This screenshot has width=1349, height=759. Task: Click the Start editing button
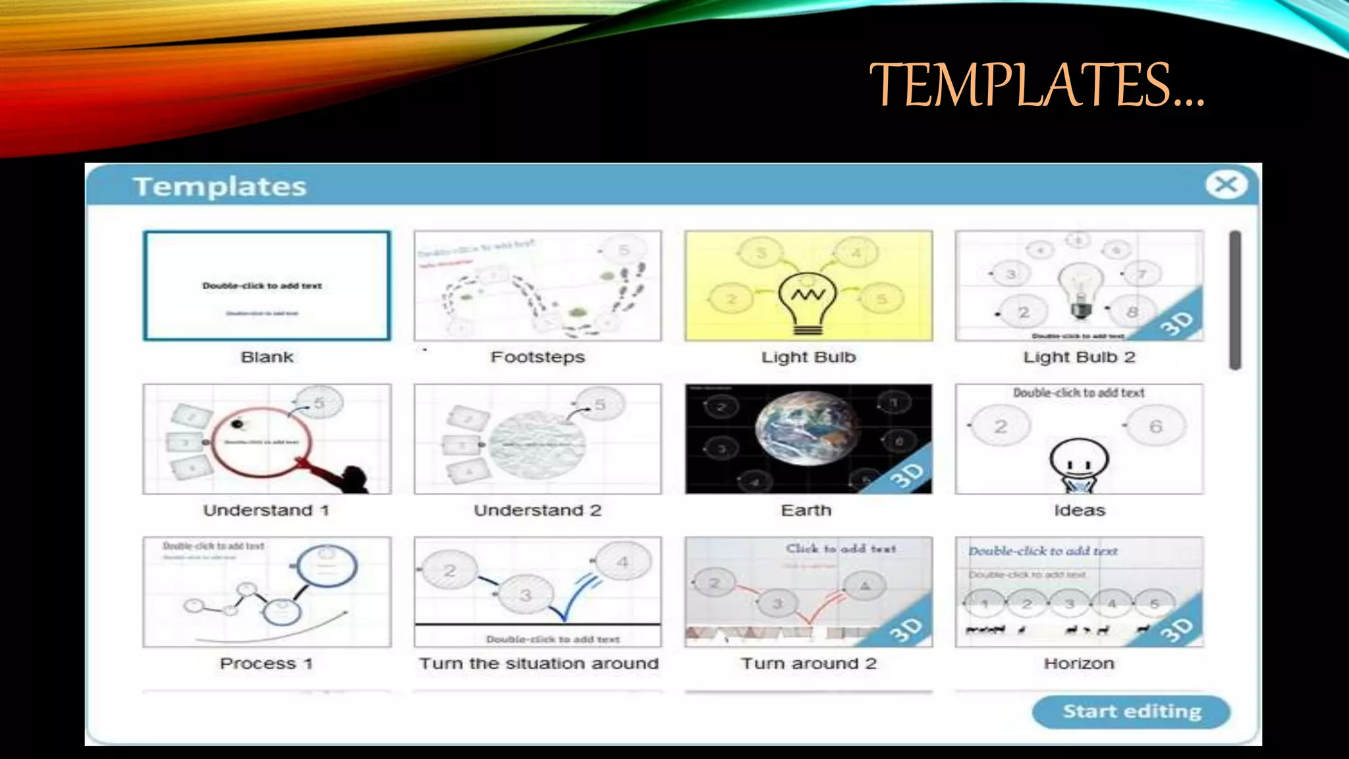click(x=1131, y=712)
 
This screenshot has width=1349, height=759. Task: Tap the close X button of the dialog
click(x=1226, y=184)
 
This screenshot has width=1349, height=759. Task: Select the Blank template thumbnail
click(x=267, y=285)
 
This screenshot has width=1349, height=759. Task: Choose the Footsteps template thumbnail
click(x=537, y=285)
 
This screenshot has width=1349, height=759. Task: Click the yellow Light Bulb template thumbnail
click(x=808, y=285)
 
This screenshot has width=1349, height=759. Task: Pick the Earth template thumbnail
click(x=808, y=438)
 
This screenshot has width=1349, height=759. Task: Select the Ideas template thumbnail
click(x=1079, y=438)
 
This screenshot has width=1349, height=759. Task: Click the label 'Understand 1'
click(x=266, y=511)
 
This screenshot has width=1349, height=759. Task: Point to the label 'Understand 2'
click(x=537, y=511)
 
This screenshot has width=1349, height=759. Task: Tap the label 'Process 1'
click(x=266, y=663)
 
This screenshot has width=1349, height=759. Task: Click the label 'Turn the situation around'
click(x=539, y=663)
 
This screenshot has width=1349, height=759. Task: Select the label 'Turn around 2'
click(x=809, y=663)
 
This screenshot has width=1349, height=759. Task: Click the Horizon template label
click(x=1079, y=663)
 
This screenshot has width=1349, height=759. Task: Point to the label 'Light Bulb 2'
click(x=1079, y=357)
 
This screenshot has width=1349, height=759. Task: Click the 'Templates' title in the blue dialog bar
click(x=220, y=186)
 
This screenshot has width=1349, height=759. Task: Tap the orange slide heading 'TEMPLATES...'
click(x=1037, y=84)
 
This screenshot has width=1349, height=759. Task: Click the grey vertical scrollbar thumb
click(x=1235, y=300)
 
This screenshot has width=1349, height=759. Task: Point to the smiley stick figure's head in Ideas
click(x=1079, y=459)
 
